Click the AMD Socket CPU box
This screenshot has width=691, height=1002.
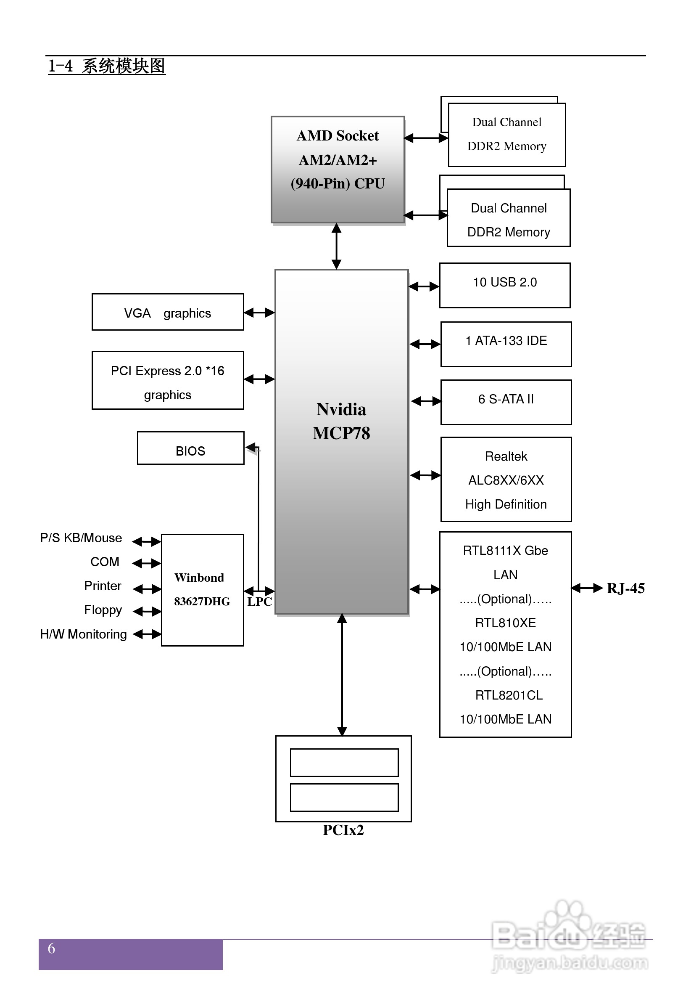338,170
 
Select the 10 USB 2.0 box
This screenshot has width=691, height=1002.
505,285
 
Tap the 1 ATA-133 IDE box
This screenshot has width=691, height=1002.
506,344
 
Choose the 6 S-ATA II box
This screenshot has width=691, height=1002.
506,402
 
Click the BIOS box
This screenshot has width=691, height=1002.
190,448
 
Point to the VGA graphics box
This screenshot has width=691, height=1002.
168,312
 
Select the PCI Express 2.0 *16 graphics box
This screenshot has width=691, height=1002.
168,380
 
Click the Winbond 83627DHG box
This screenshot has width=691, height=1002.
202,590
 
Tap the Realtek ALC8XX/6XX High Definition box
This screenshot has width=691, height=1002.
506,479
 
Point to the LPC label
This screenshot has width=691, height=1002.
259,602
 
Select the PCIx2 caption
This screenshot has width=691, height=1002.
343,830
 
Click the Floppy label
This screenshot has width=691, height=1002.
103,610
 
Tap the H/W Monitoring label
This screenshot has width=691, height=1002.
84,634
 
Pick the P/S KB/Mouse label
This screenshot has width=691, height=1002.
81,538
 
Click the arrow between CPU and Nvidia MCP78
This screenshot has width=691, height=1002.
336,246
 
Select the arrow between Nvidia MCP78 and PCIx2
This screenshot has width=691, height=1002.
342,674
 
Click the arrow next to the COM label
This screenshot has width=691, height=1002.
146,563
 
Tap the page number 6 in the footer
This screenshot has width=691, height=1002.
51,949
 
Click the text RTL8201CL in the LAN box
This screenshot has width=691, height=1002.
508,695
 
